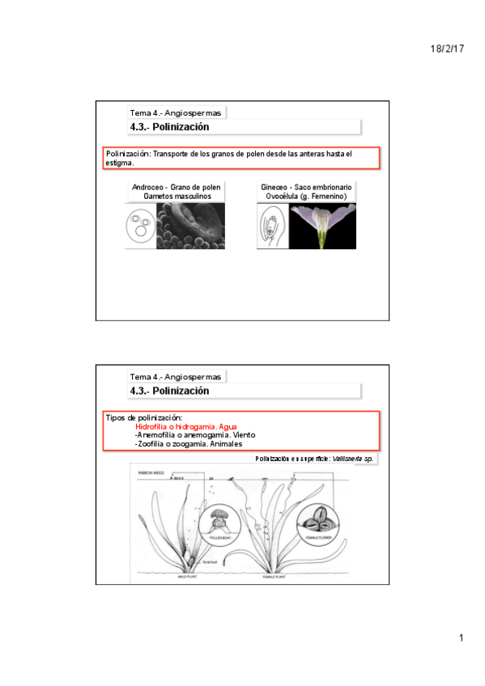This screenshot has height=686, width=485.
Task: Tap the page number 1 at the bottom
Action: [x=461, y=639]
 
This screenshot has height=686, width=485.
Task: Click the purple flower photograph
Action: [x=322, y=226]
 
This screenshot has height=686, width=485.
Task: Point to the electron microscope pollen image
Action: [x=190, y=226]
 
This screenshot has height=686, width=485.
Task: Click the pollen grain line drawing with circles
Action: [x=140, y=226]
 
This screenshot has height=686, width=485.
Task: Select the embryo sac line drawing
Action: [x=272, y=226]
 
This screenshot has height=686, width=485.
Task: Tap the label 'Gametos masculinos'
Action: [x=176, y=197]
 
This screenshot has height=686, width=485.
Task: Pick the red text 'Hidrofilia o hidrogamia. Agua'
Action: [x=185, y=426]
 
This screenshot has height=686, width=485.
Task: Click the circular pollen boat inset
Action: [x=217, y=523]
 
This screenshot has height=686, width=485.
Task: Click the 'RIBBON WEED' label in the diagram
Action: [x=151, y=470]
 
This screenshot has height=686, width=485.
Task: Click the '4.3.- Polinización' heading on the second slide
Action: [x=169, y=391]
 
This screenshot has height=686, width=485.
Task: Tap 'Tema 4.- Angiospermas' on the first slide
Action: [x=175, y=112]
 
